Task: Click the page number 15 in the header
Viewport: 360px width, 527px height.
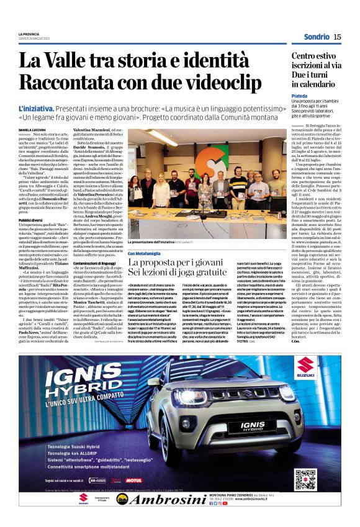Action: click(x=337, y=37)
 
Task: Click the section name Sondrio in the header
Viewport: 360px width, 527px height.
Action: click(x=317, y=37)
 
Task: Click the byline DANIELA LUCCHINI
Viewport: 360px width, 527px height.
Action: click(x=33, y=129)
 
